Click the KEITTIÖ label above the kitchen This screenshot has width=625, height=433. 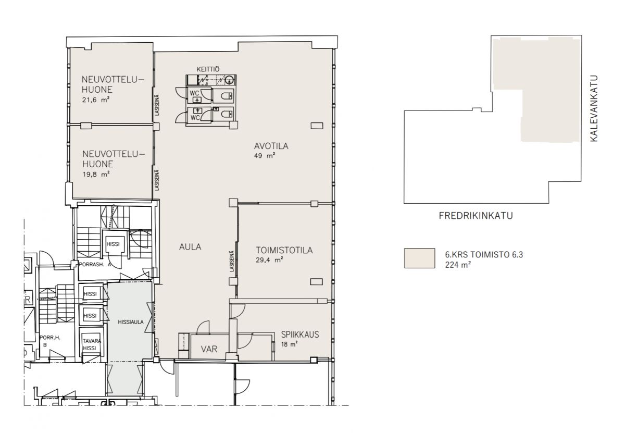click(208, 69)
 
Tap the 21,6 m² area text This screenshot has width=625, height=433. click(95, 100)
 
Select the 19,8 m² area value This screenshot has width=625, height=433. click(96, 174)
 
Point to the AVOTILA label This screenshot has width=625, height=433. click(271, 146)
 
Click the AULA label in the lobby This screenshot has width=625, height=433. click(190, 247)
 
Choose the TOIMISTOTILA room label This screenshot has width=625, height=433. click(284, 250)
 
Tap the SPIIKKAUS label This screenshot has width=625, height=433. click(300, 335)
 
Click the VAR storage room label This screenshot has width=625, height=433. click(209, 349)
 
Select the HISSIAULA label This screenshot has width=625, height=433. click(131, 322)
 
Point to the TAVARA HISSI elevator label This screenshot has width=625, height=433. click(91, 344)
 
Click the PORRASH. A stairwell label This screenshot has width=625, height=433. click(95, 264)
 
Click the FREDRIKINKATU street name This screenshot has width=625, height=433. click(476, 216)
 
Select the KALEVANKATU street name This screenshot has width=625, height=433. click(594, 108)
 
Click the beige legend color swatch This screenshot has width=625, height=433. click(419, 258)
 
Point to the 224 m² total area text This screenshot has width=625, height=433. click(458, 265)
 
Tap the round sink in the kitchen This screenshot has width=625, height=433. click(229, 80)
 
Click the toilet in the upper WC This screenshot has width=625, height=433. click(226, 96)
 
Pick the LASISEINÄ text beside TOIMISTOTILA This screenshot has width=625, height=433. click(232, 261)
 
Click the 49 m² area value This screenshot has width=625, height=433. click(265, 155)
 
